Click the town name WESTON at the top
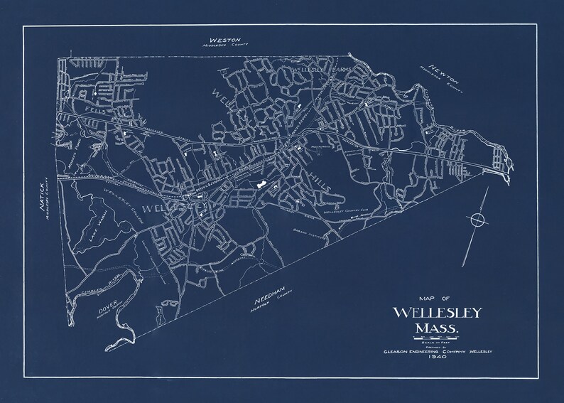pyautogui.click(x=224, y=39)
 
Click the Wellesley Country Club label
pyautogui.click(x=346, y=211)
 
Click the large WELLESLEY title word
pyautogui.click(x=437, y=313)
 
